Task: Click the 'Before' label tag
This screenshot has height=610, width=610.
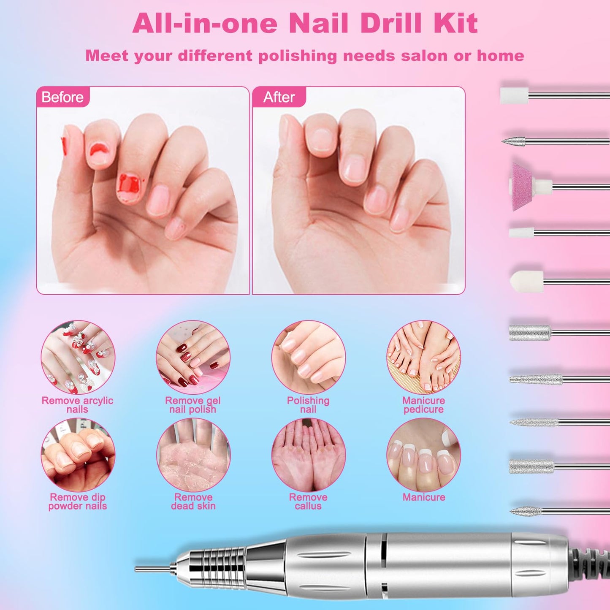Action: pos(62,98)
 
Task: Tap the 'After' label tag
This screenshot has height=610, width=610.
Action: pos(279,98)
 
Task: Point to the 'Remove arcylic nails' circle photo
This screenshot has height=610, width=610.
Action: pos(78,357)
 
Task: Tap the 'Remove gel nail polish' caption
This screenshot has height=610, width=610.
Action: pos(192,405)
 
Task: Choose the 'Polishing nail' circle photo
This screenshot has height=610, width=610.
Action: pos(308,357)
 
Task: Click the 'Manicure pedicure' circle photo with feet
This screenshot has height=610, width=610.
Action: pos(423,357)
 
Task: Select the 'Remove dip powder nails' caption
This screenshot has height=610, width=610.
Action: pos(78,502)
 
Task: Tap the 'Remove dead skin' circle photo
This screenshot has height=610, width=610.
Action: pos(193,455)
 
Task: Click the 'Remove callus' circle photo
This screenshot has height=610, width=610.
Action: pos(308,455)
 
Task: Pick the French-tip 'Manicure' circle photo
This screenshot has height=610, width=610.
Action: pos(423,455)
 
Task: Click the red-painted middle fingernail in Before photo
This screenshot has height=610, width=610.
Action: pos(130,186)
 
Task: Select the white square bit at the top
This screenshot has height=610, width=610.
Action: pos(514,95)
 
